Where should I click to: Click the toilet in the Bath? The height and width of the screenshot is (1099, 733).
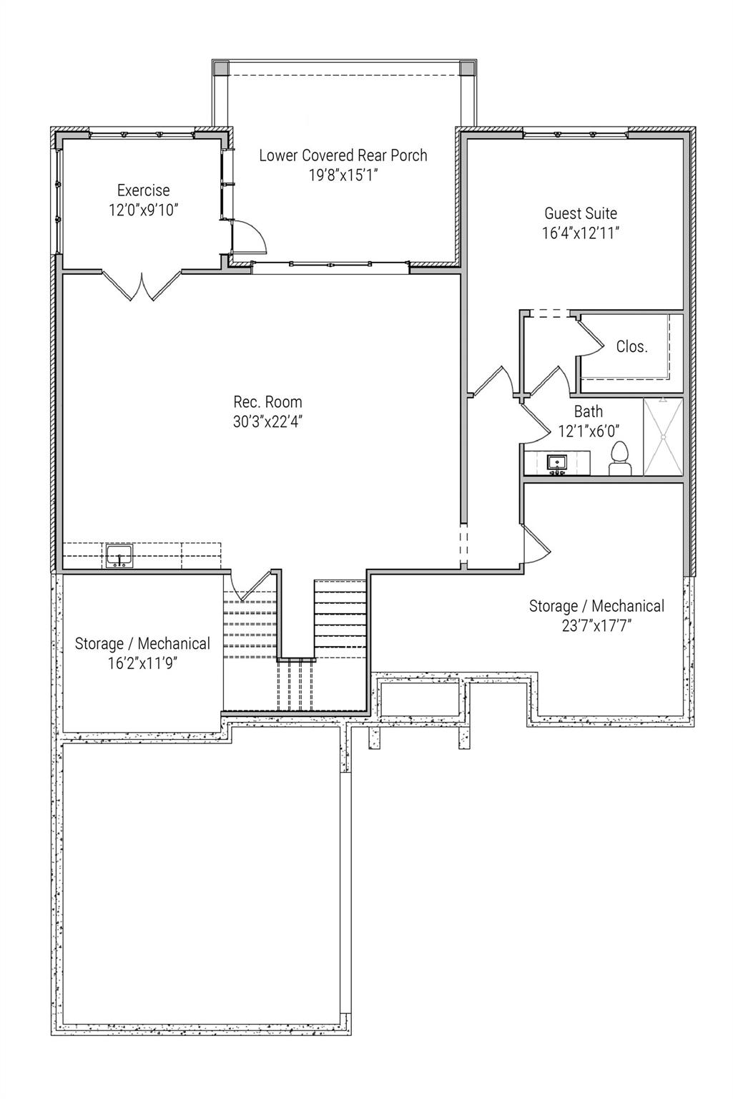point(619,459)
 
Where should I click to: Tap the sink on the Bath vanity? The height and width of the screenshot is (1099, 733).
point(556,463)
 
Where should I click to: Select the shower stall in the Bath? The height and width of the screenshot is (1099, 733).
point(663,436)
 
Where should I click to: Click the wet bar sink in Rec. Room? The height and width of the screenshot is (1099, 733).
point(119,555)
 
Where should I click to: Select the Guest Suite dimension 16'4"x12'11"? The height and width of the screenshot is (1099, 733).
point(581,233)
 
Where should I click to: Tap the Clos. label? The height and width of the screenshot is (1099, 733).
point(632,347)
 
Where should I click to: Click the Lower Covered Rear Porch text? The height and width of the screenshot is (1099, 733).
point(343,155)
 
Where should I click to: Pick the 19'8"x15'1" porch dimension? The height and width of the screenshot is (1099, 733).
point(343,175)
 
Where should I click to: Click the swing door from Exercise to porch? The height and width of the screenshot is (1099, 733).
point(250,237)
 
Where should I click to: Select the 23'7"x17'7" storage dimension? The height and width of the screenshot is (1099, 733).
point(596,625)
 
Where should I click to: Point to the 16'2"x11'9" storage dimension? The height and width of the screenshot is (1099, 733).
point(142,663)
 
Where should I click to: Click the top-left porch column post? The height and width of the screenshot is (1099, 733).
point(221,68)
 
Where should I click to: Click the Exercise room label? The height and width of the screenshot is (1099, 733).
point(144,190)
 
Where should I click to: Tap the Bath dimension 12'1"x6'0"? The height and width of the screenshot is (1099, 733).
point(588,431)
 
